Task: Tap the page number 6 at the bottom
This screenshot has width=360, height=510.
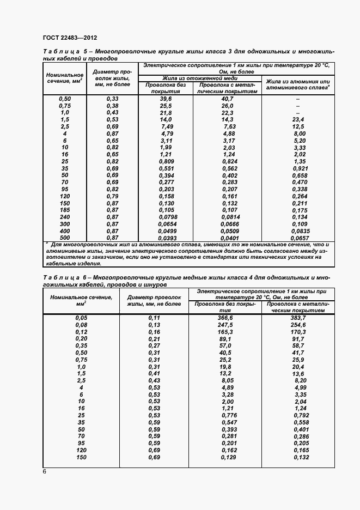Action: click(x=44, y=471)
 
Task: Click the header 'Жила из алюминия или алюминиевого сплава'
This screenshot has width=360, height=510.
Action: click(x=297, y=83)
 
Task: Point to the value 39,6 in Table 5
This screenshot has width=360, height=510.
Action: click(x=166, y=98)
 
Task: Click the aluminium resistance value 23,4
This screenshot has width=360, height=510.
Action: click(x=298, y=119)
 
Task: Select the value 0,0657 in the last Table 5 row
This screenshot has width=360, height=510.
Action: click(x=298, y=238)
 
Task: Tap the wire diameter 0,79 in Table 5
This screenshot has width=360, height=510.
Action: click(x=112, y=196)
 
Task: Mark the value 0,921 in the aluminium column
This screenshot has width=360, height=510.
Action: click(x=298, y=168)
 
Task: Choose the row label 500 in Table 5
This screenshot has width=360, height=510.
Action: click(x=65, y=238)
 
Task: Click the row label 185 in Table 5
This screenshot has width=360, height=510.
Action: click(x=65, y=210)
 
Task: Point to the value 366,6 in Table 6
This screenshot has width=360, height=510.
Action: click(x=225, y=317)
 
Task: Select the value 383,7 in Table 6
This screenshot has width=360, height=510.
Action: click(x=298, y=317)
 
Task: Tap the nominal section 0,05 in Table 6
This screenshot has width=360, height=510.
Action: click(x=81, y=317)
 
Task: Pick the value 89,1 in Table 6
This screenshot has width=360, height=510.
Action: click(x=225, y=338)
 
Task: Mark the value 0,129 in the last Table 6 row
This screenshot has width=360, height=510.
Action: click(x=225, y=457)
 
